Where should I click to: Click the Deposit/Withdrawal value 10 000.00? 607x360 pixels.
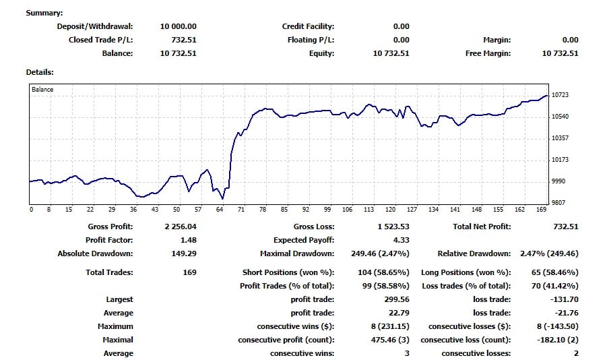(178, 26)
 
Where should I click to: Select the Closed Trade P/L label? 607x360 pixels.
(100, 40)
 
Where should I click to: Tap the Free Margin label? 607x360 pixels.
(488, 53)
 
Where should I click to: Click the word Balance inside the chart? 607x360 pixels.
(42, 89)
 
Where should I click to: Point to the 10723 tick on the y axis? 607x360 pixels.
(561, 95)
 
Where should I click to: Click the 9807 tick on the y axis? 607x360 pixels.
(559, 203)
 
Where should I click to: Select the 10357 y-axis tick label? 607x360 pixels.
(561, 138)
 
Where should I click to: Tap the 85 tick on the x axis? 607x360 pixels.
(284, 210)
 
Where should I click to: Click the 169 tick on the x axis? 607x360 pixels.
(542, 210)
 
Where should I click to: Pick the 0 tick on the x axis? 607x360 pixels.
(31, 210)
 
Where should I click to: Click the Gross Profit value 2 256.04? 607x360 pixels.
(180, 227)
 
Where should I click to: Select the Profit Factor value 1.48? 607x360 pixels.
(188, 240)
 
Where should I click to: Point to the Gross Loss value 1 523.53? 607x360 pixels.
(393, 227)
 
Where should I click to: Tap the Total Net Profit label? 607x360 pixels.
(481, 227)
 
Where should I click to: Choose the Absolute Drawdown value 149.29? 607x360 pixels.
(184, 253)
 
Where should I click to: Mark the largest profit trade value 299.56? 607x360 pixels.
(395, 299)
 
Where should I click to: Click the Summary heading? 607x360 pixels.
(44, 13)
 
